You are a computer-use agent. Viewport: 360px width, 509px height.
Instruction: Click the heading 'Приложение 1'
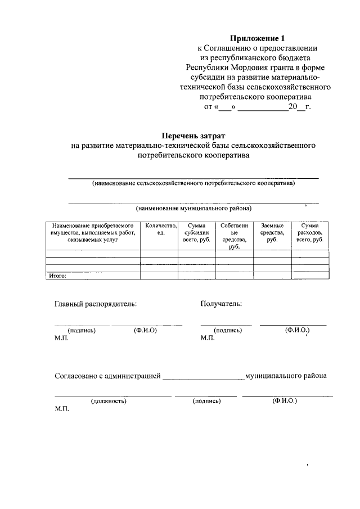(258, 38)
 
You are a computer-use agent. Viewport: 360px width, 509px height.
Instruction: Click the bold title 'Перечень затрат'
(193, 136)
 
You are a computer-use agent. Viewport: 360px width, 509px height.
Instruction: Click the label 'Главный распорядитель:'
(96, 304)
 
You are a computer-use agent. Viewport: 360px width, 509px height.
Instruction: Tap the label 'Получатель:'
(221, 304)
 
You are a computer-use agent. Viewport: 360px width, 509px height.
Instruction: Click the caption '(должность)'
(108, 401)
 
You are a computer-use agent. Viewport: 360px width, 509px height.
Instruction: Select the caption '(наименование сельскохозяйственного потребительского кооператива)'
(193, 183)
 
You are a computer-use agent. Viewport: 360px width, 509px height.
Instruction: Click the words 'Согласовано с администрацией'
(107, 375)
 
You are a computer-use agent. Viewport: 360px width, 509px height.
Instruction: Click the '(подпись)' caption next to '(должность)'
(206, 401)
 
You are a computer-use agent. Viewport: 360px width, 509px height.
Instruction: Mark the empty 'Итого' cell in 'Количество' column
(161, 276)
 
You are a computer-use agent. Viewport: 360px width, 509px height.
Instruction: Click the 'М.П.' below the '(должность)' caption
(61, 409)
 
